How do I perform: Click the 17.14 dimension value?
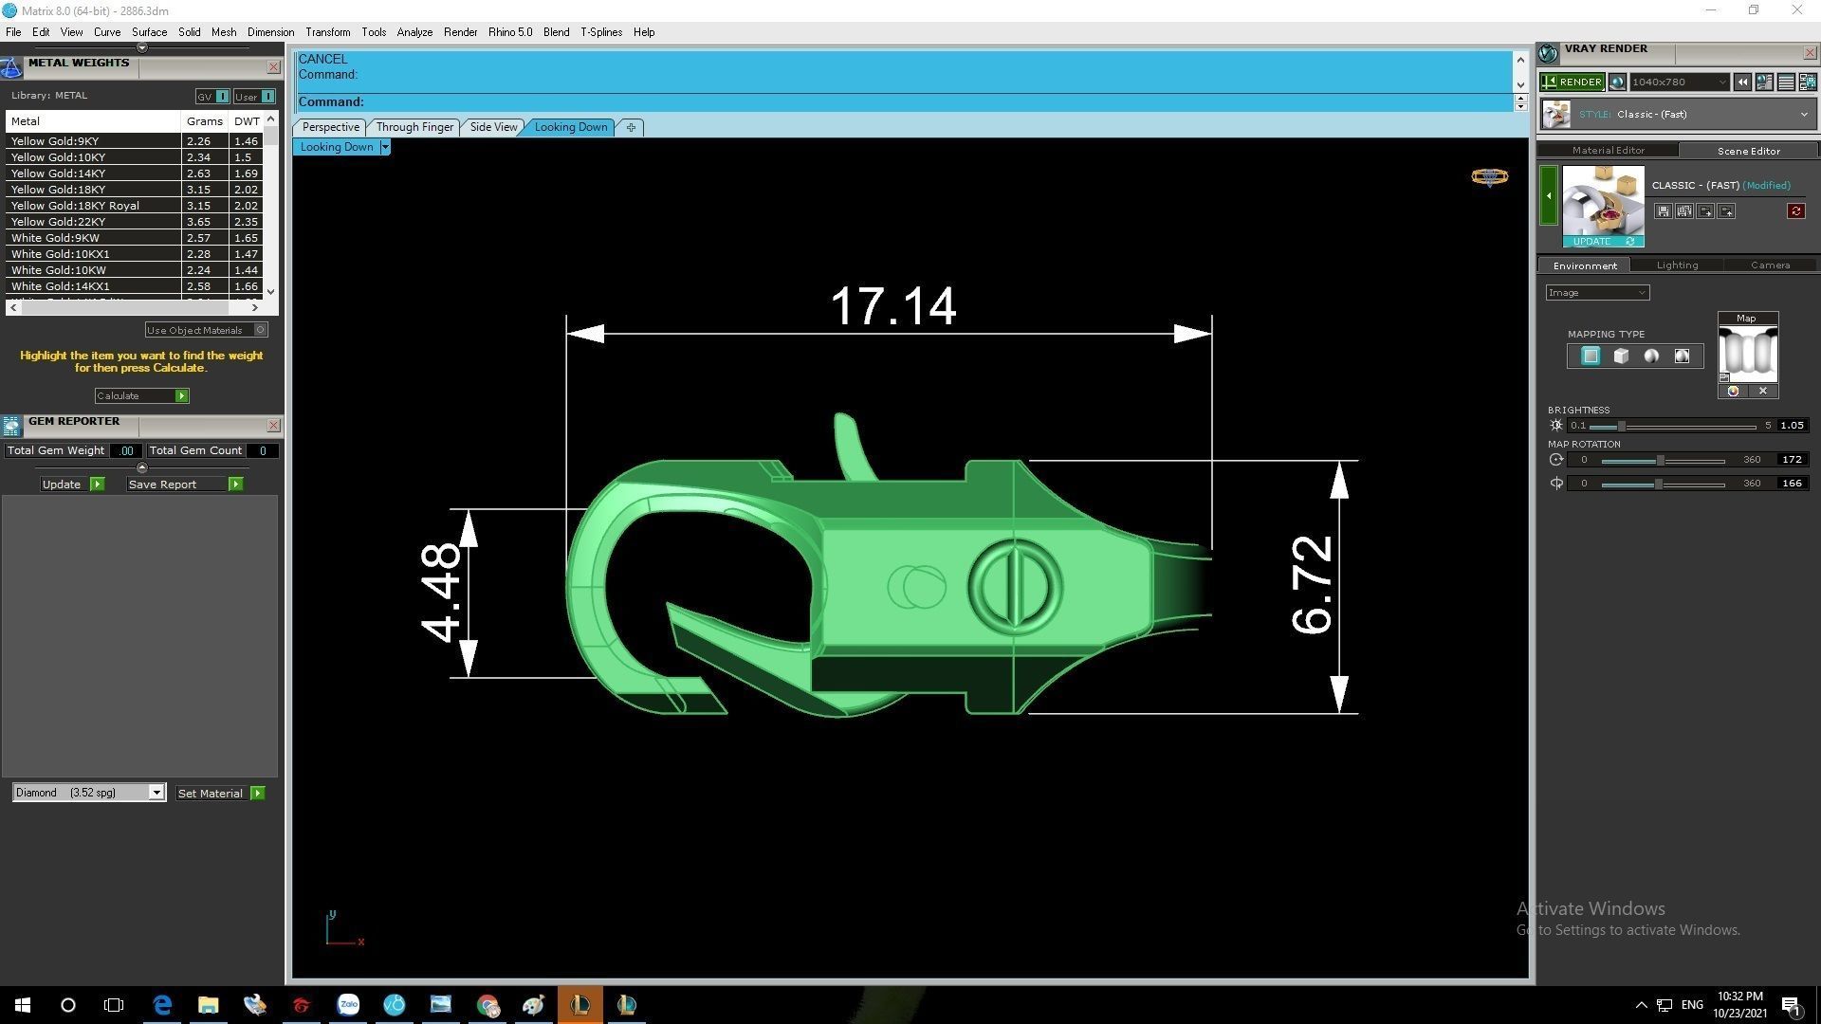[892, 306]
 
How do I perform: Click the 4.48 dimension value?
[442, 593]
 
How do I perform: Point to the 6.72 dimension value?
[1313, 585]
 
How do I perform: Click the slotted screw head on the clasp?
[1014, 586]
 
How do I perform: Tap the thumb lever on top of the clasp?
[851, 444]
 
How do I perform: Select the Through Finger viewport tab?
[414, 127]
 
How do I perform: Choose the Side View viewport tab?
[493, 127]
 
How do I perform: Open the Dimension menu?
[270, 32]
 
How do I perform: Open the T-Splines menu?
[601, 32]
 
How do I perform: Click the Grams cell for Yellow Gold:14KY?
[199, 174]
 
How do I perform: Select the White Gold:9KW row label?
[55, 238]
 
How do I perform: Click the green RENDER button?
[1572, 82]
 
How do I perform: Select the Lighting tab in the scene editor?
[1677, 265]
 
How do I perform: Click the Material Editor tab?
[1608, 151]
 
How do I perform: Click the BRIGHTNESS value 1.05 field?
[1792, 426]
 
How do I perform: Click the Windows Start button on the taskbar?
[23, 1005]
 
